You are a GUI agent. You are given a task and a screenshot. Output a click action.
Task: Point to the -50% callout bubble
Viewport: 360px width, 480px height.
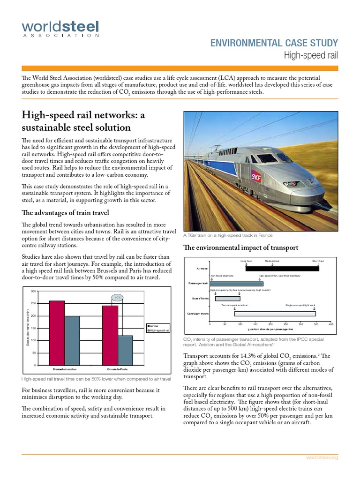click(118, 297)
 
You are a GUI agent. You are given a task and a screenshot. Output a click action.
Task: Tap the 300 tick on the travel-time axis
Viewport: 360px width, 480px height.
click(33, 292)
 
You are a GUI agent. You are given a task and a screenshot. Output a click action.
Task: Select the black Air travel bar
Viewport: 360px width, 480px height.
click(282, 269)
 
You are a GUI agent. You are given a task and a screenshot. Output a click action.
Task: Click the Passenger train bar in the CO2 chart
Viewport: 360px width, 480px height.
click(236, 284)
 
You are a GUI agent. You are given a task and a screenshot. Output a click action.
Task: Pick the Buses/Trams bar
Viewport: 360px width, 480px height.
click(227, 299)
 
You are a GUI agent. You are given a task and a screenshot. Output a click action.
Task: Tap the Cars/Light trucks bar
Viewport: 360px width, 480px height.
click(275, 314)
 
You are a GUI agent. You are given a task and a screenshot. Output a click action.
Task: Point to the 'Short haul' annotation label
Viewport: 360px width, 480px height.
click(318, 261)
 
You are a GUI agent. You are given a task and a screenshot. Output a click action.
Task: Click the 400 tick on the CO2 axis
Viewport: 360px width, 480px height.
click(330, 324)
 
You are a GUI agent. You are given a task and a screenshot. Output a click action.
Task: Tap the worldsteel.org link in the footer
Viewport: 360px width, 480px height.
click(322, 457)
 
